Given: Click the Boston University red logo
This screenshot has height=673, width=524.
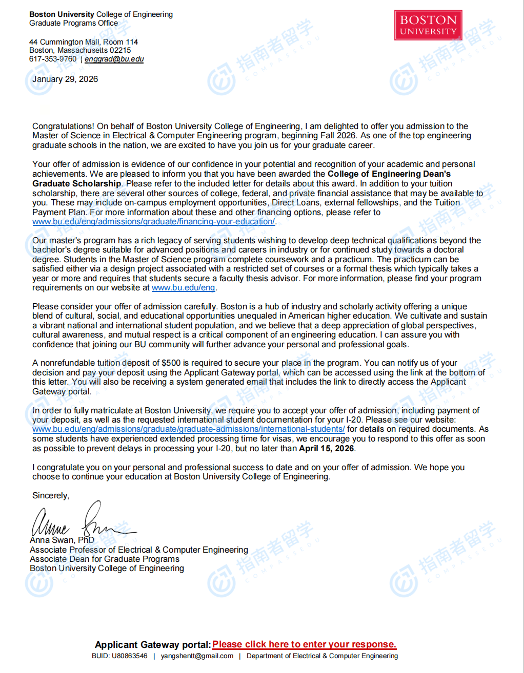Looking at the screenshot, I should [428, 25].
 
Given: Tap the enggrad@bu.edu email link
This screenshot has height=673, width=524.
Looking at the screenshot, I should [114, 59].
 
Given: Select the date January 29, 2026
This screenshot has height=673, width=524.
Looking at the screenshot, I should [65, 79].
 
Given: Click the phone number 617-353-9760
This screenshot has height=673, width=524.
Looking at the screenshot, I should [53, 59].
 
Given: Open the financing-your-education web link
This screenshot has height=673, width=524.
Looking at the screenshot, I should [153, 221].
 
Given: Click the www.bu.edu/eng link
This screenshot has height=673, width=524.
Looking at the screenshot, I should [183, 287].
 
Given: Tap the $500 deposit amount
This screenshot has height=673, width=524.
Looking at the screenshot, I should [171, 363].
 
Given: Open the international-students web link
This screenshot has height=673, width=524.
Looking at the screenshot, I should [188, 429].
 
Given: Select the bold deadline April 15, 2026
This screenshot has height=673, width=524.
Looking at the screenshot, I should [326, 448].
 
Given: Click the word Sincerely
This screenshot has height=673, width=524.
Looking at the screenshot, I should [50, 495].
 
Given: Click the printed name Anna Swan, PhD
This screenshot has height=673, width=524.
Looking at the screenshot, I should [62, 540].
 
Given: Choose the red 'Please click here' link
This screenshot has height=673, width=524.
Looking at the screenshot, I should [304, 644].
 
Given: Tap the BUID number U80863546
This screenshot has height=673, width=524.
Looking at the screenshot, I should [129, 656].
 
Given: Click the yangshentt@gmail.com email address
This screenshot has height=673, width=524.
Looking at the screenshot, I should [197, 656].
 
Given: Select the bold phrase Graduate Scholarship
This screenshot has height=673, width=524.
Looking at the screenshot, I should [77, 183].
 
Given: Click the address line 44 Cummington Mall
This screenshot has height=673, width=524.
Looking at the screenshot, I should [84, 42].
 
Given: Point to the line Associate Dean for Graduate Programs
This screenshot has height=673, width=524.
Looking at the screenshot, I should [105, 559].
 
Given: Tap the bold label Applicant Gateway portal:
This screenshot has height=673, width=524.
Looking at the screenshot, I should [153, 644].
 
